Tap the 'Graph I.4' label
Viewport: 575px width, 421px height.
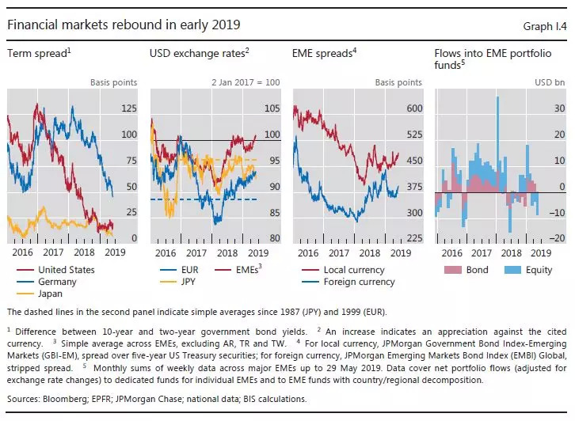pyautogui.click(x=545, y=26)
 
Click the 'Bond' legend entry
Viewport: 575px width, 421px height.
pyautogui.click(x=478, y=270)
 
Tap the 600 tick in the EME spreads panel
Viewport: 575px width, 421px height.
pyautogui.click(x=413, y=108)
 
